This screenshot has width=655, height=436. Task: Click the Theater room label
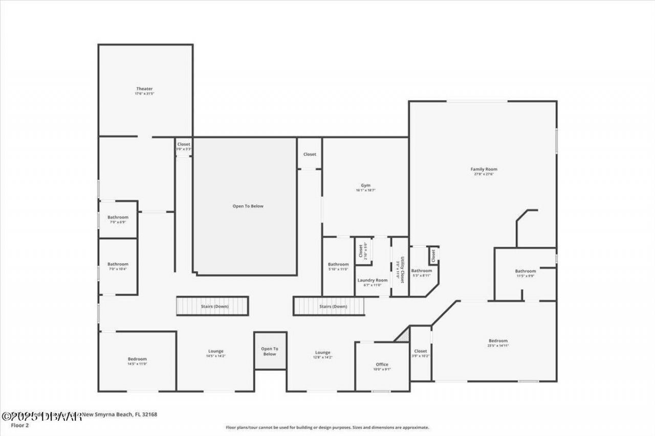[x=144, y=89]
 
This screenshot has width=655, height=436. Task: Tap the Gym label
[x=365, y=186]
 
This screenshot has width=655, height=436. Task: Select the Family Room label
[x=484, y=170]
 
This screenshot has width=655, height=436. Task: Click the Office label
[x=382, y=365]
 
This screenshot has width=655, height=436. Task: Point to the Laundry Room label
[x=373, y=281]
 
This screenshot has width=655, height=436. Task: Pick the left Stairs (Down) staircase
[x=212, y=306]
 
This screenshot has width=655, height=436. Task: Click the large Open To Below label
[x=248, y=206]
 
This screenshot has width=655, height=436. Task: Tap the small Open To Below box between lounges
[x=270, y=351]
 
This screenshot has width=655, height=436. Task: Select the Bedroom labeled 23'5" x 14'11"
[x=498, y=341]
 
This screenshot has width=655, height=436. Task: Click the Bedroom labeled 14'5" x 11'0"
[x=137, y=359]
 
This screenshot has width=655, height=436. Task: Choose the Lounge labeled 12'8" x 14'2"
[x=322, y=353]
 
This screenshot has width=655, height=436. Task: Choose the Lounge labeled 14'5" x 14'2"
[x=215, y=352]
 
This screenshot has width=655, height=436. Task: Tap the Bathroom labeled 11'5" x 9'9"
[x=525, y=271]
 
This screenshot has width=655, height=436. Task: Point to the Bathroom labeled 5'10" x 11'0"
[x=338, y=265]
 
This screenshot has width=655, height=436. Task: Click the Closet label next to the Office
[x=420, y=352]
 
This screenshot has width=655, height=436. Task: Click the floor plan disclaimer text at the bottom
[x=327, y=427]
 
